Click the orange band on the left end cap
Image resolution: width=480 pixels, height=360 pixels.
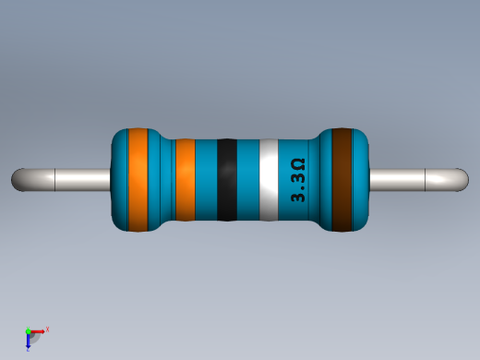[138, 180]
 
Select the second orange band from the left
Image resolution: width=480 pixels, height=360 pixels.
[185, 180]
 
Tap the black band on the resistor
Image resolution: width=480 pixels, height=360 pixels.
[226, 180]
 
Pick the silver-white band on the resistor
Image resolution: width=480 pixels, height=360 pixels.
[269, 180]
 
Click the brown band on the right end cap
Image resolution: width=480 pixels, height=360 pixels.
[343, 180]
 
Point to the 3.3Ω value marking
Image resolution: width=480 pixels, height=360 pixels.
[298, 181]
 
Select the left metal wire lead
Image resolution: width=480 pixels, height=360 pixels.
[65, 179]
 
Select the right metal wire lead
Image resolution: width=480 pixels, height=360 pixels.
[415, 179]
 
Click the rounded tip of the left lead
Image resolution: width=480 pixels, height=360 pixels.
[18, 179]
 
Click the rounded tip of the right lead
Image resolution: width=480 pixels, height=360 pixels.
[461, 179]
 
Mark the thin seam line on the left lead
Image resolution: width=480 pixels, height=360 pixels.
[56, 179]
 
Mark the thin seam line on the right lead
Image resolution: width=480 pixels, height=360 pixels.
[423, 179]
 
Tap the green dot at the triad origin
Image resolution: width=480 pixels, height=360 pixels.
[28, 330]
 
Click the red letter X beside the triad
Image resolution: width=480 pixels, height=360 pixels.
[47, 329]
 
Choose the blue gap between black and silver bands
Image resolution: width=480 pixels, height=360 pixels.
[247, 180]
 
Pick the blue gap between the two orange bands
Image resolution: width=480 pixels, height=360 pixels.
[162, 180]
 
